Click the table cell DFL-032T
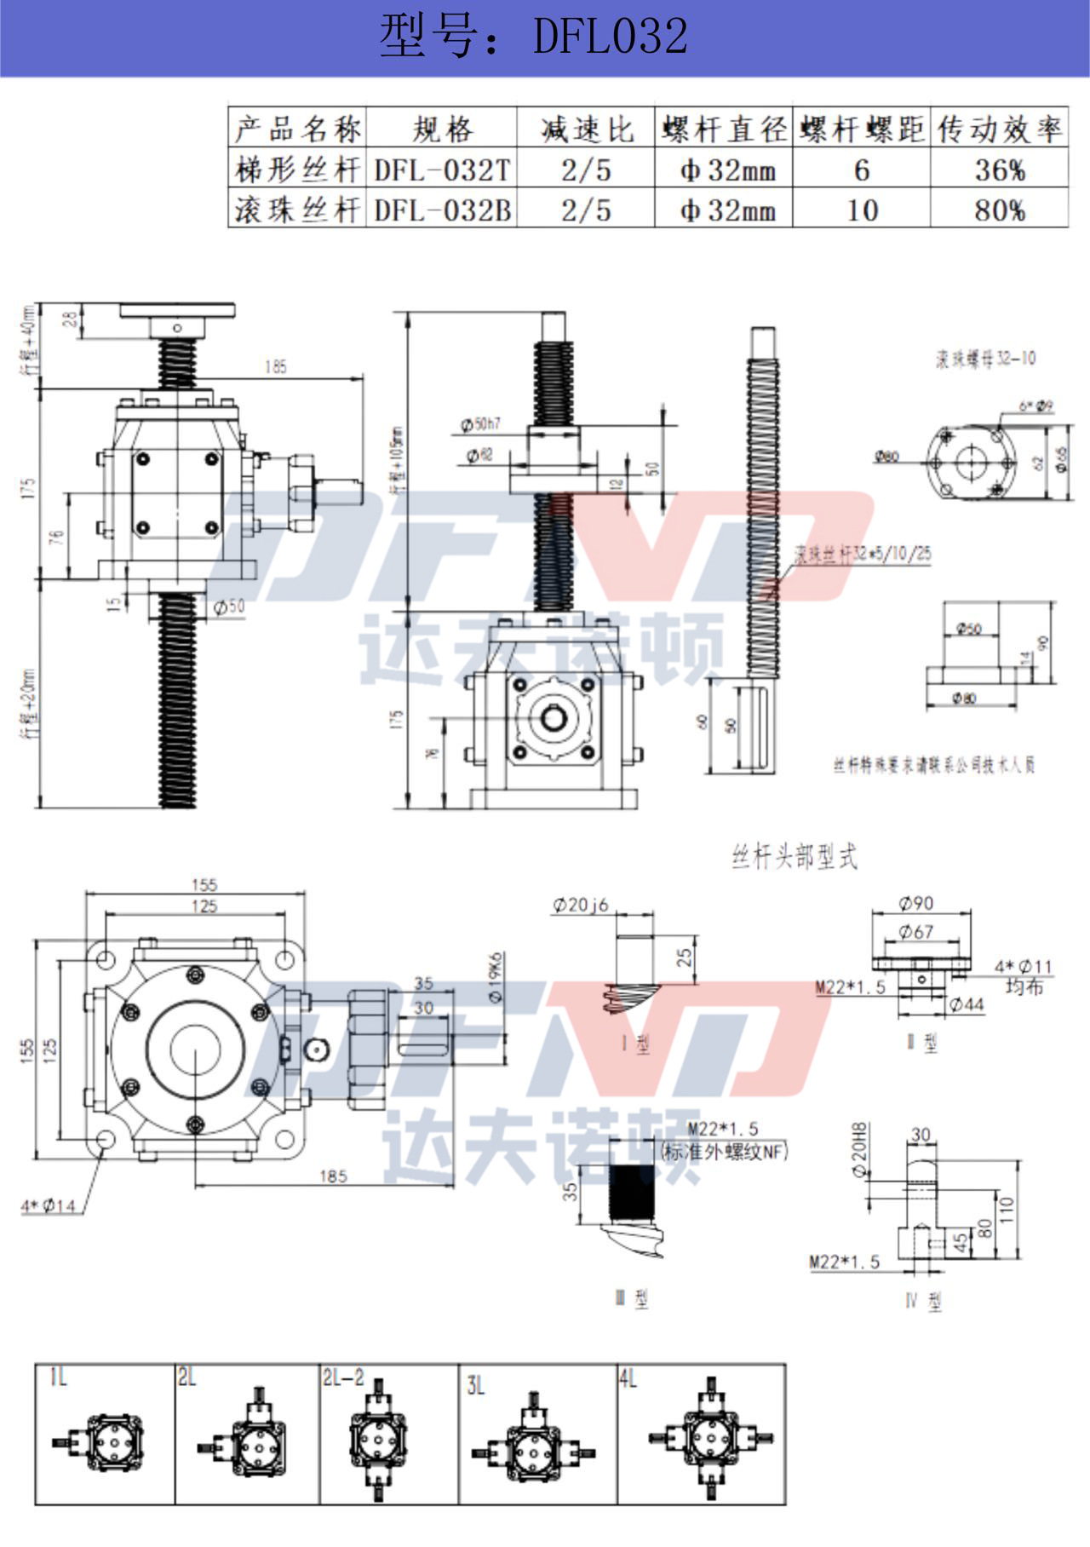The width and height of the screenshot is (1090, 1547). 443,170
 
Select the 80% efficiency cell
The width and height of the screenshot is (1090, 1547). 999,210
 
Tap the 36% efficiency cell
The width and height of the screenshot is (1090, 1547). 999,170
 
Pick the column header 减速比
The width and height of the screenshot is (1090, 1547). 586,129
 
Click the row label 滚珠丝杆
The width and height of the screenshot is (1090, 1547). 297,210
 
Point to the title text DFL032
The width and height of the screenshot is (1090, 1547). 610,37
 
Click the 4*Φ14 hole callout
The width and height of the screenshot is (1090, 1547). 49,1205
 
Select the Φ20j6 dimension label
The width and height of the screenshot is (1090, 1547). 581,905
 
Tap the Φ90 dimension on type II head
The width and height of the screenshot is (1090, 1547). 915,903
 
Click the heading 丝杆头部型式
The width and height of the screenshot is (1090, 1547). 795,857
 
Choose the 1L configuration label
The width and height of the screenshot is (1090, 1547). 58,1377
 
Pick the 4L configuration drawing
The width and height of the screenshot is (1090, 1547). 710,1439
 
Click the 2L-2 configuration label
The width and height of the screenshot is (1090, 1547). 343,1377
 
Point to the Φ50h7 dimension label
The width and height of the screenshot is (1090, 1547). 480,423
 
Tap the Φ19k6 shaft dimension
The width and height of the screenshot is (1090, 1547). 496,976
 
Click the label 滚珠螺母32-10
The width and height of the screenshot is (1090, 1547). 985,359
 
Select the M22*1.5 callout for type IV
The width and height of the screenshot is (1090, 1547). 845,1262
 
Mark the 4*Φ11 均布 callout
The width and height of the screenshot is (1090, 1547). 1024,976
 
